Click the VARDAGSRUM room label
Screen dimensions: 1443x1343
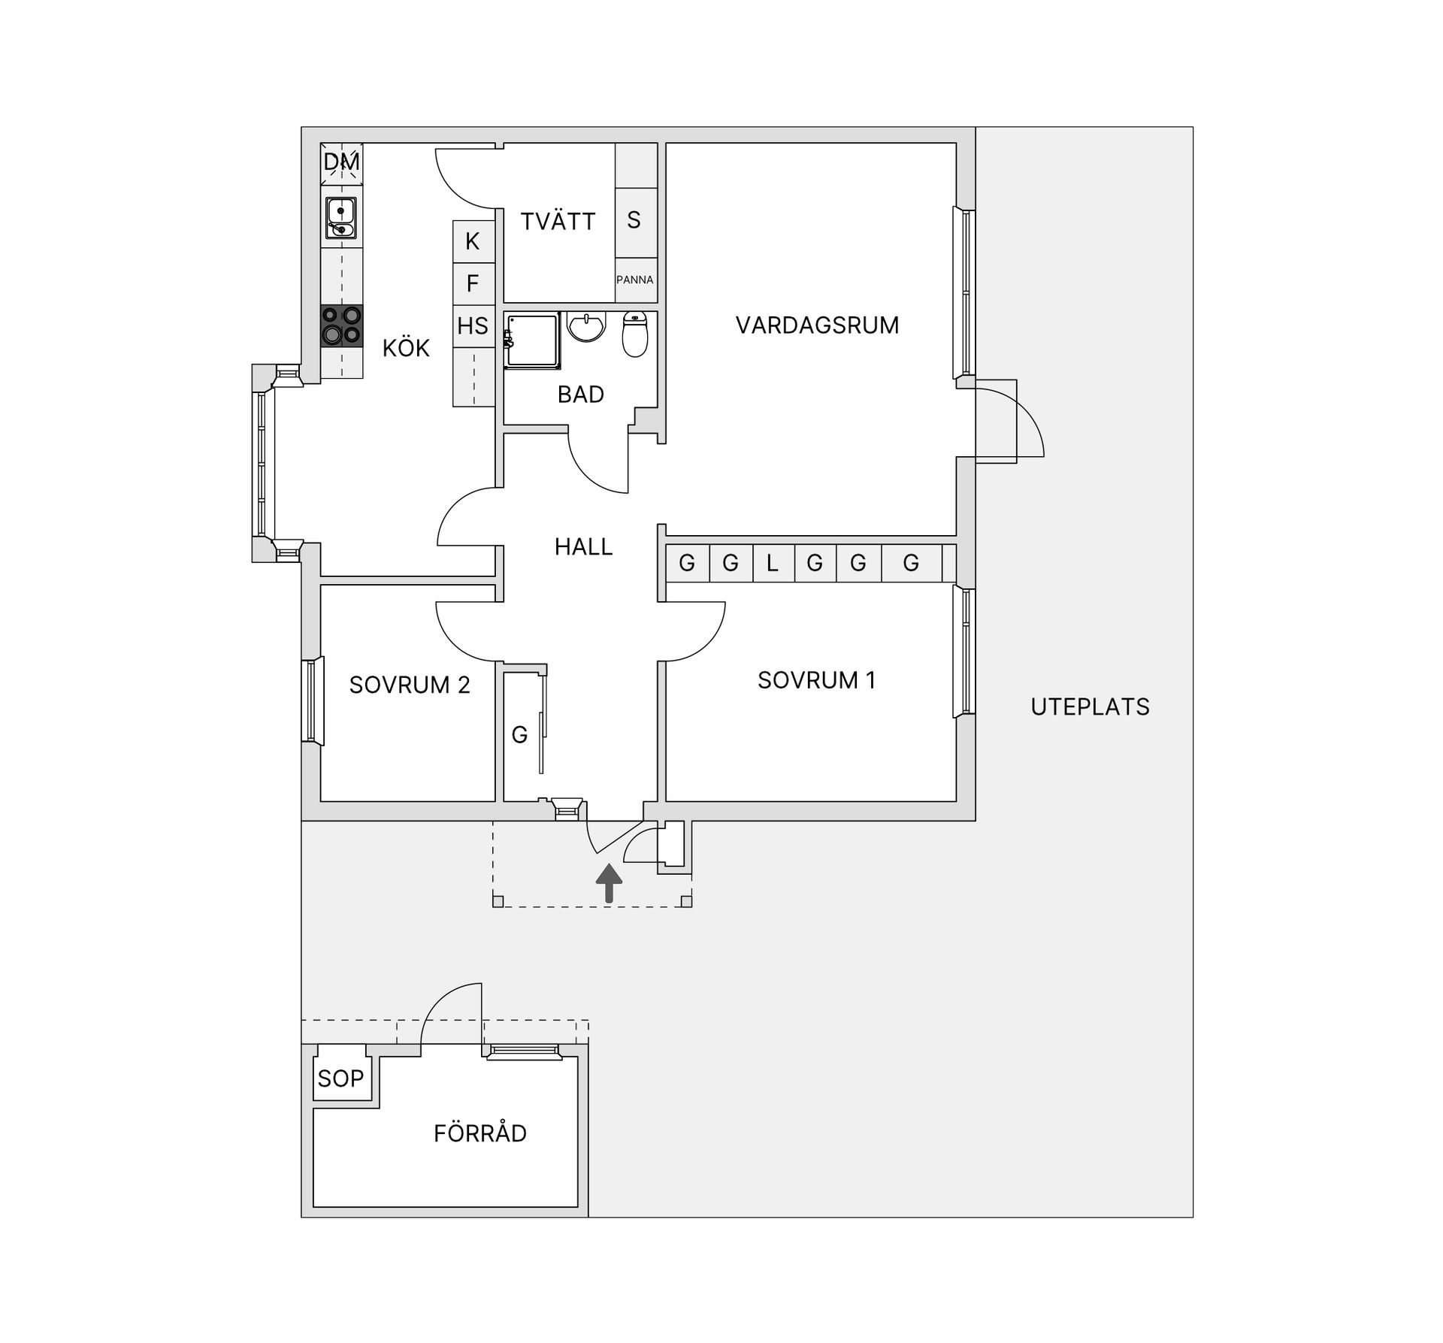coord(817,325)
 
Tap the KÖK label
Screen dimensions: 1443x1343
coord(406,348)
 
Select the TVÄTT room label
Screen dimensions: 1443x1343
coord(558,221)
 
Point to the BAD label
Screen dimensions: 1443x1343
coord(581,395)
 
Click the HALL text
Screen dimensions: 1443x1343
coord(584,546)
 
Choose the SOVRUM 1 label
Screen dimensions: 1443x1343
coord(816,680)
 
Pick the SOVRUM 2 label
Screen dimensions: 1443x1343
coord(410,685)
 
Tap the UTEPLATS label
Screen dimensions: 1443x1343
coord(1090,707)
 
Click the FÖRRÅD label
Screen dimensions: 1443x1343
coord(480,1133)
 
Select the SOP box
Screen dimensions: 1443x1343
coord(340,1078)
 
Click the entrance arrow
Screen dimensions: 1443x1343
coord(609,883)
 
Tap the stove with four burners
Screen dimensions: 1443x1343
coord(342,325)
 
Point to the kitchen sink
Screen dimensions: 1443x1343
coord(341,218)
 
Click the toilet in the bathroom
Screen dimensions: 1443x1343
coord(635,334)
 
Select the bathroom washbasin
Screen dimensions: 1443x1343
coord(586,327)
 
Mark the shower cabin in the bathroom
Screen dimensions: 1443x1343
coord(533,340)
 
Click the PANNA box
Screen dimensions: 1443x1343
coord(635,280)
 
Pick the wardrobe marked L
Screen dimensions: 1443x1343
coord(773,563)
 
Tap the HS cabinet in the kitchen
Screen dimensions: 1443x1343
coord(473,326)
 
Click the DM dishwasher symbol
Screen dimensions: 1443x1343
coord(342,163)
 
